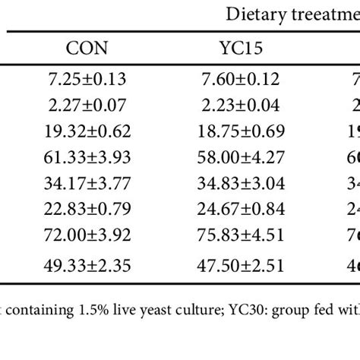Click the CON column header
[87, 49]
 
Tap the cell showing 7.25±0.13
[87, 79]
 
